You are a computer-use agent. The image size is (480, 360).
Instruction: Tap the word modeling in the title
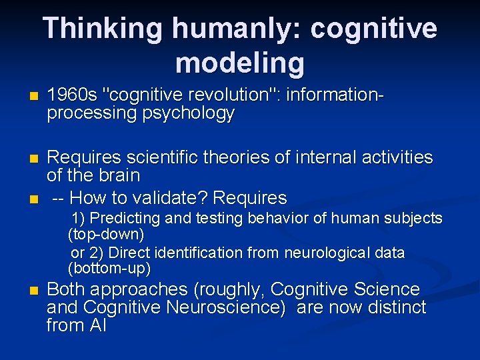(x=240, y=63)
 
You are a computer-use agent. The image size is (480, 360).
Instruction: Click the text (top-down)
(x=106, y=235)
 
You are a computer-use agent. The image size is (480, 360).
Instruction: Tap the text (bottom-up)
(x=109, y=269)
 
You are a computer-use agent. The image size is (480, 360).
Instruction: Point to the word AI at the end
(x=95, y=325)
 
